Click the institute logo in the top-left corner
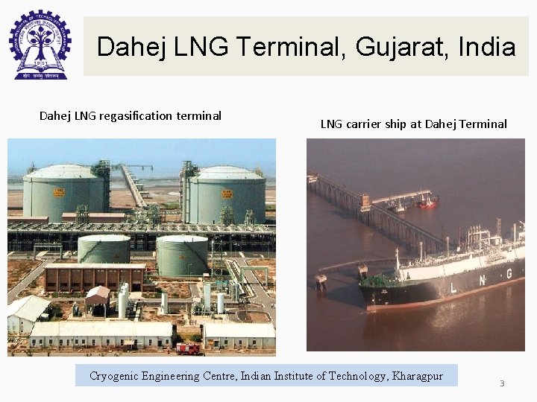(39, 44)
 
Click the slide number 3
(502, 383)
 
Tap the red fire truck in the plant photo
(188, 348)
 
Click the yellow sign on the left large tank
(59, 193)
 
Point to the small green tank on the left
(104, 249)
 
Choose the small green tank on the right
(182, 254)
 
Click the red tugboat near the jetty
(427, 201)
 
